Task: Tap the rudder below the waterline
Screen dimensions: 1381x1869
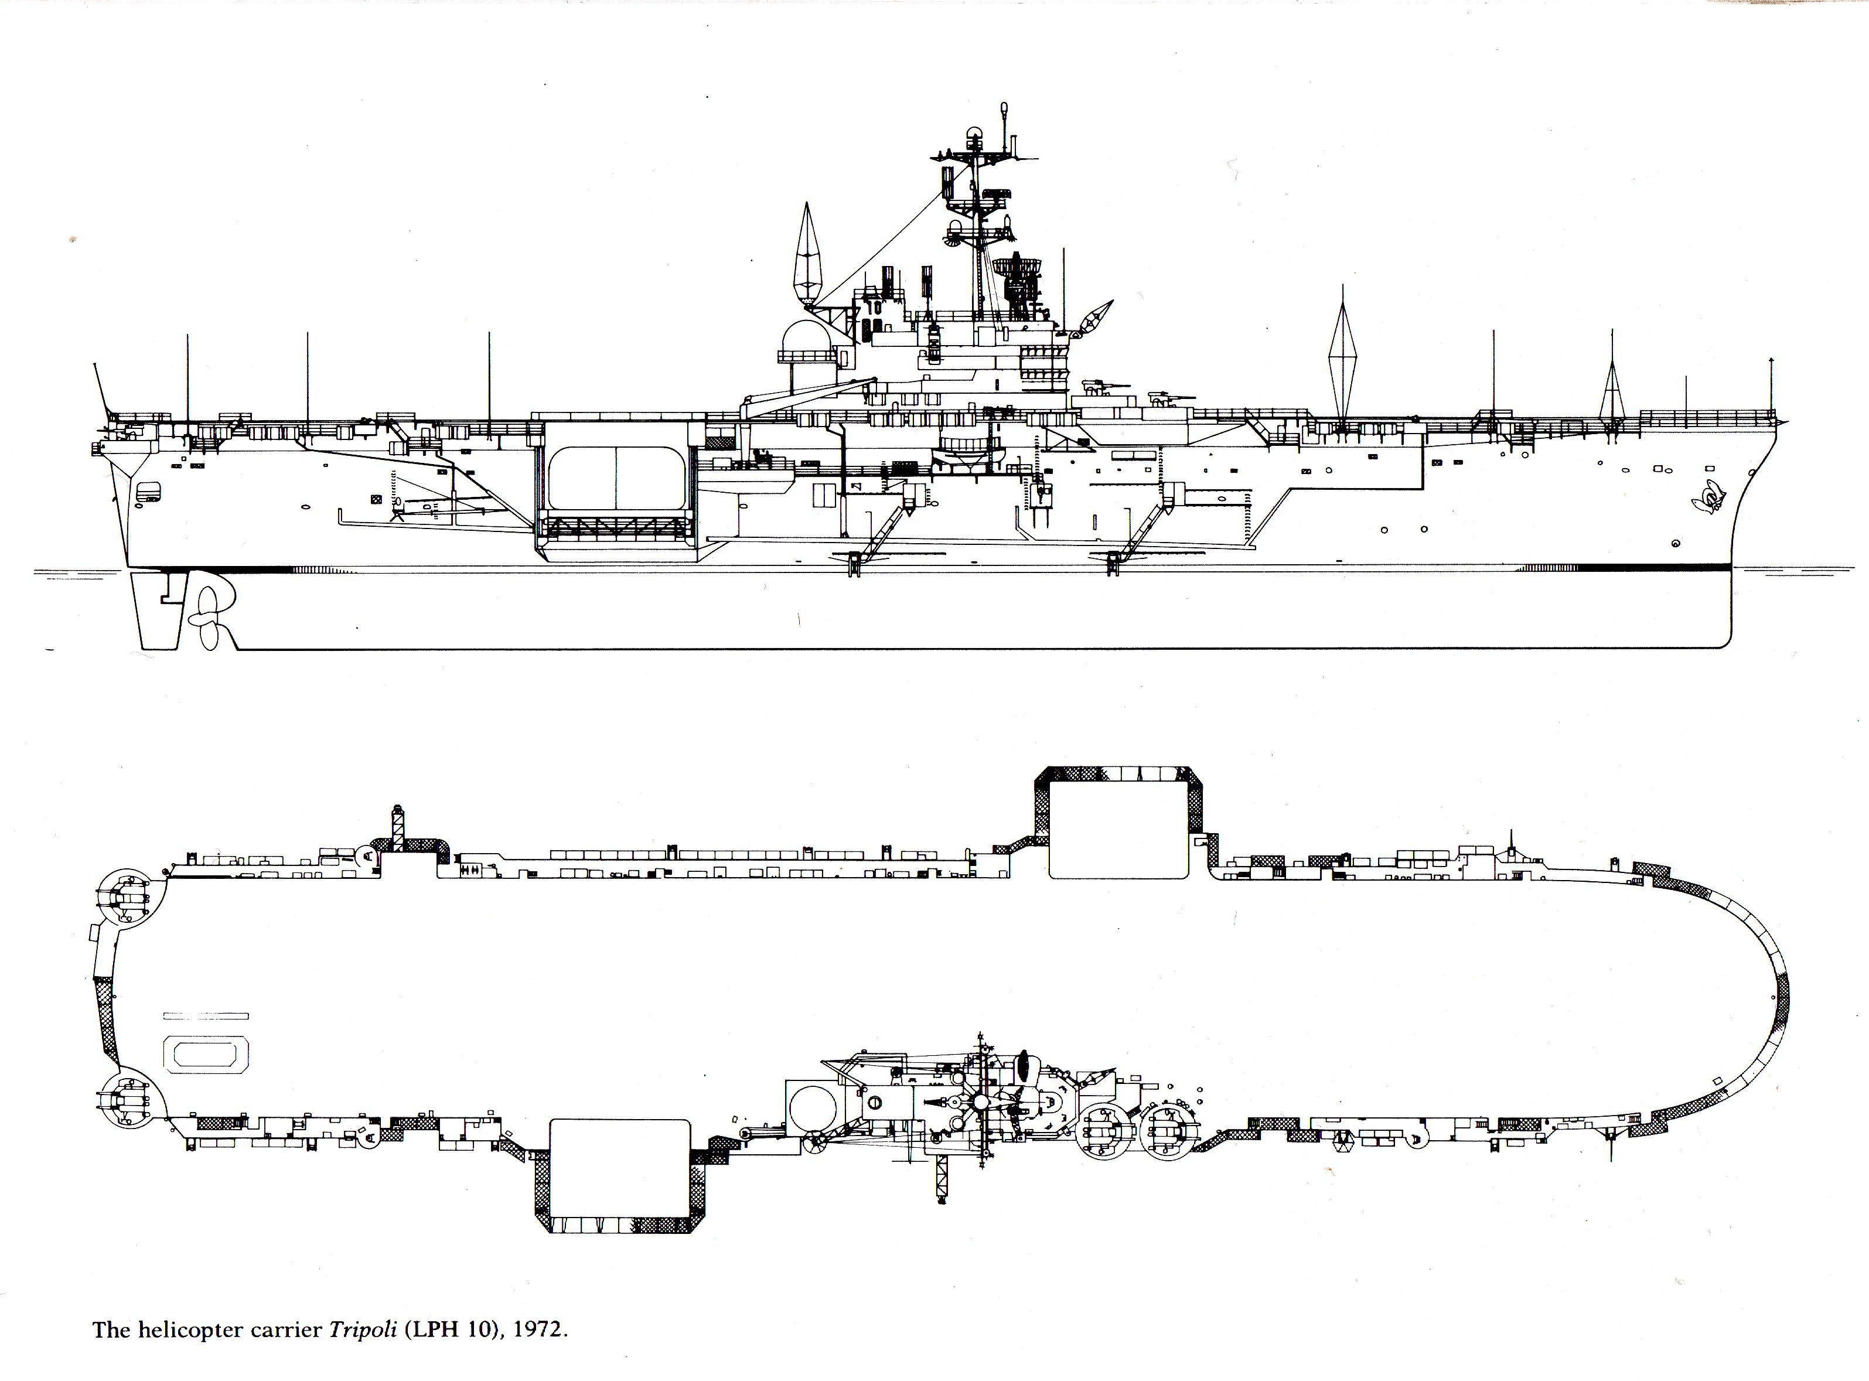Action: (158, 611)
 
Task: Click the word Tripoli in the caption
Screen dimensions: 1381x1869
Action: (363, 1329)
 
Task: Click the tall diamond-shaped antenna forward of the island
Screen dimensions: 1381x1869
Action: (1342, 354)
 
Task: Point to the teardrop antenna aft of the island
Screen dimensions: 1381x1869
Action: (807, 254)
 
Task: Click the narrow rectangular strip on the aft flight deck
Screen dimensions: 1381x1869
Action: (206, 1016)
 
